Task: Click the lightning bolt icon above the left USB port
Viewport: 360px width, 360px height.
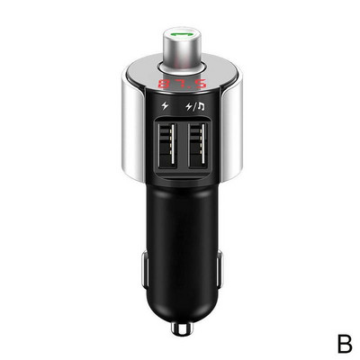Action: [165, 108]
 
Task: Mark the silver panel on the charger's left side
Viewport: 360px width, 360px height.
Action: [131, 126]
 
